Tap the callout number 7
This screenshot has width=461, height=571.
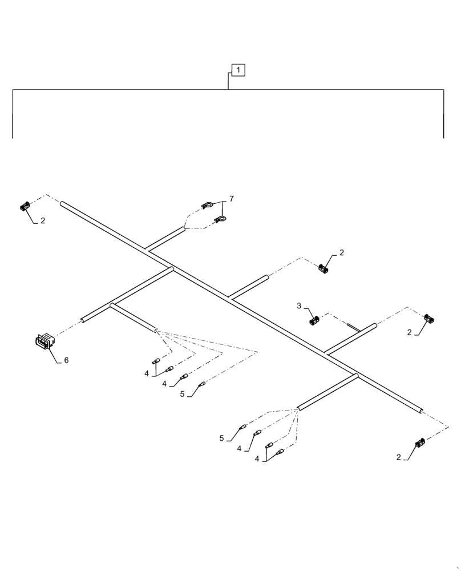point(231,199)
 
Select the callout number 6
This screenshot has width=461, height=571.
point(66,360)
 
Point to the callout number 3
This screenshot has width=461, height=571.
point(299,306)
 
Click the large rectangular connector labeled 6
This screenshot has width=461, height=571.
point(44,341)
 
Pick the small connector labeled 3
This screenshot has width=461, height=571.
point(314,321)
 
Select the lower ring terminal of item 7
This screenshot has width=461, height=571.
point(220,219)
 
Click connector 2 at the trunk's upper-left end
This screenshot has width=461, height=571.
point(25,206)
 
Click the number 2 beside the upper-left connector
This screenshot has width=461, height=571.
point(42,220)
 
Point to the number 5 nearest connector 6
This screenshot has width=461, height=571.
point(182,393)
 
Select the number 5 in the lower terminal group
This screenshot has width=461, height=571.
point(221,439)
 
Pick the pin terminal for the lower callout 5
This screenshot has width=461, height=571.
point(243,427)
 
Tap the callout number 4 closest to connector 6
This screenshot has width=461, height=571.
point(147,373)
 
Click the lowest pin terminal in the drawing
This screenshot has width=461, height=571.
point(280,453)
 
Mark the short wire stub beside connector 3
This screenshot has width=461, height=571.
point(353,328)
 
